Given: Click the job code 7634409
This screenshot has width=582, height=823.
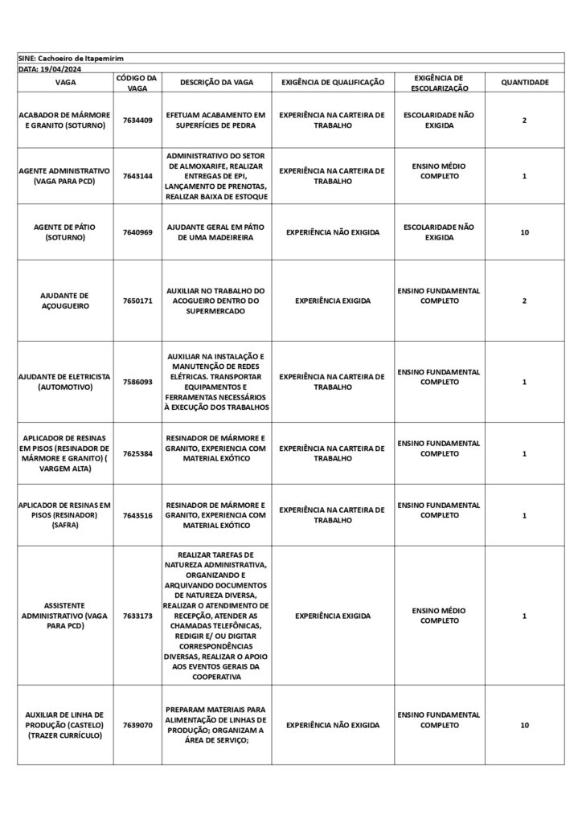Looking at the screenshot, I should (x=137, y=120).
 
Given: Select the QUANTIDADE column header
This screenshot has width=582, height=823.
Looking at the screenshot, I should (x=524, y=82).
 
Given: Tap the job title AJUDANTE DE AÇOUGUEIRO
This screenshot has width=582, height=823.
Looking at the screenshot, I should (x=64, y=301).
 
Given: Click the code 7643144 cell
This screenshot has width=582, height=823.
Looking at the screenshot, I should (x=137, y=176).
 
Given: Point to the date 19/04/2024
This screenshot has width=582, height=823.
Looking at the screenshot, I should (x=50, y=69).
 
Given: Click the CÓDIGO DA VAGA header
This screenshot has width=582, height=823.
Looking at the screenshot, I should (x=137, y=82).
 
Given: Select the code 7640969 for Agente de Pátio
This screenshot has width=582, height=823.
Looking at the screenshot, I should (x=137, y=232).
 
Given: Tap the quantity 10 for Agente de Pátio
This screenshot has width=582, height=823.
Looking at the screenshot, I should (x=524, y=232).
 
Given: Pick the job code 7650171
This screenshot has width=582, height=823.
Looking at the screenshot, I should (x=137, y=301).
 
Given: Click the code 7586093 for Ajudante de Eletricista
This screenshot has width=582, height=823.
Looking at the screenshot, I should (x=137, y=382).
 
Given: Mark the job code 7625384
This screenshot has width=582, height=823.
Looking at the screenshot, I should (x=137, y=453).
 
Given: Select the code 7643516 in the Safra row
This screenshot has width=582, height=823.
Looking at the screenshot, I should (x=137, y=515).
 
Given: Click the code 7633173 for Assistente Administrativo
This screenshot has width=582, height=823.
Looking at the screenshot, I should (x=137, y=616).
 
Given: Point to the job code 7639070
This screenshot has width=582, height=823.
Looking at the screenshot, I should (x=137, y=725).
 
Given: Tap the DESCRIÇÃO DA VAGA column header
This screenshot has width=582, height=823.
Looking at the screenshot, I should (x=216, y=82).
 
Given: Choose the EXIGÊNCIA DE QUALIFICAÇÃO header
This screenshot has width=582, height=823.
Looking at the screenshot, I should (x=333, y=82).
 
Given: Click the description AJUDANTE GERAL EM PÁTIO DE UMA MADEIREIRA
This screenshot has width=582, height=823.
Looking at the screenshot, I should (x=216, y=232).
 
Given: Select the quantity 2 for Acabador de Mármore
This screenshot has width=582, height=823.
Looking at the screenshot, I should (x=524, y=120).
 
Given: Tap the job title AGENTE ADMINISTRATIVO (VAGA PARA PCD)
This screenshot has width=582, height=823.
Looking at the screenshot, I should (x=64, y=176).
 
